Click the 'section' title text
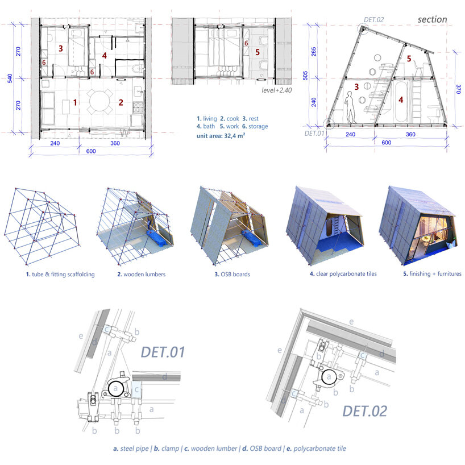click(432, 19)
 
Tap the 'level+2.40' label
click(276, 90)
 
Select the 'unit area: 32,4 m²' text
click(221, 136)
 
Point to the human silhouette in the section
click(351, 107)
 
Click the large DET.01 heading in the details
click(163, 352)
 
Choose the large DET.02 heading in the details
click(365, 411)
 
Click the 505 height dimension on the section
click(305, 76)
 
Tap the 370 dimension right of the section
click(459, 89)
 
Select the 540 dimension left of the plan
click(10, 78)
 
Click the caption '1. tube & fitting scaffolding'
click(60, 275)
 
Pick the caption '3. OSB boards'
click(232, 275)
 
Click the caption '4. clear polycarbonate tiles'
click(343, 274)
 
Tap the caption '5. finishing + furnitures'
click(432, 274)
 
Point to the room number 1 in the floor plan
click(75, 103)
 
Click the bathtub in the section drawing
click(401, 101)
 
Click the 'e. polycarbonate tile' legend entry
click(316, 449)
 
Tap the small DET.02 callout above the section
click(373, 20)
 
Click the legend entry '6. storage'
click(255, 126)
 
